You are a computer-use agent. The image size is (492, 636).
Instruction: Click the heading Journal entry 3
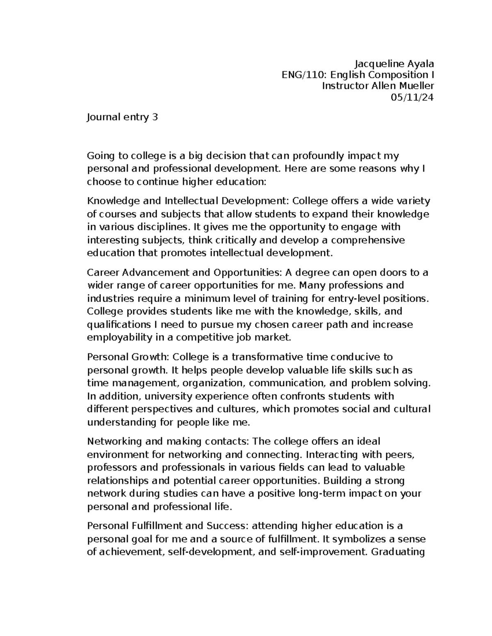(122, 118)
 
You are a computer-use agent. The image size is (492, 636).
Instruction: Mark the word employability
(116, 338)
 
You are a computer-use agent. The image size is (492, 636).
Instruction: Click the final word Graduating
(397, 552)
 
